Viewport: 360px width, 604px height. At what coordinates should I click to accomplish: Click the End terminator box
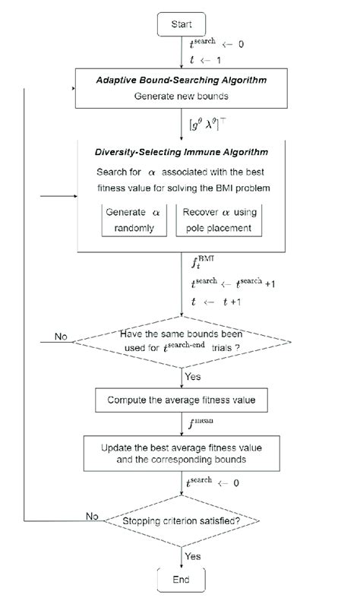tap(182, 580)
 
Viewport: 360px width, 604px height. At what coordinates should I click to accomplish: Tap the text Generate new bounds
tap(180, 98)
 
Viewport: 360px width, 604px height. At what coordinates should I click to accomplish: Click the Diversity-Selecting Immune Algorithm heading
tap(181, 153)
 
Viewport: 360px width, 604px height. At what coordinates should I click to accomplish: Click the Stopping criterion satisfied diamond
tap(182, 521)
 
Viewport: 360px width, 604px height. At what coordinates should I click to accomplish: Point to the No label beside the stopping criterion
tap(92, 516)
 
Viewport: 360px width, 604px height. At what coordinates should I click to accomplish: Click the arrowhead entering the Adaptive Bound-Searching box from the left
tap(73, 89)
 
